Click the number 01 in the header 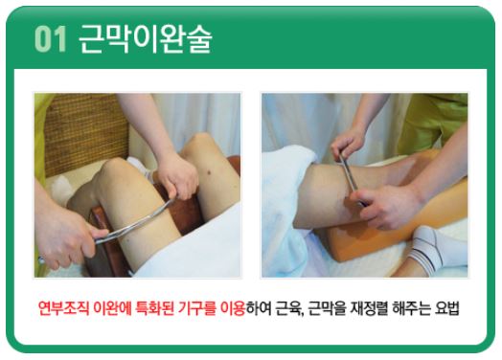[50, 38]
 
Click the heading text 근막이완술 [145, 39]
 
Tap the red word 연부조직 [63, 308]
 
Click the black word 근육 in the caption [288, 308]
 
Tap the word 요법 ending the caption [447, 308]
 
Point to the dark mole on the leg [210, 173]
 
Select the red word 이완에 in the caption [112, 308]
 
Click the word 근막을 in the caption [327, 308]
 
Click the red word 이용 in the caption [233, 308]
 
